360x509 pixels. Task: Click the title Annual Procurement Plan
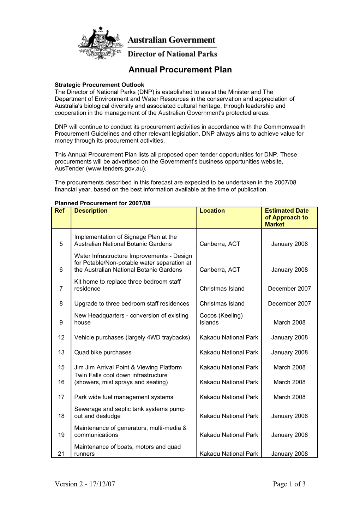coord(180,70)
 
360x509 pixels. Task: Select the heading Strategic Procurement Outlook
coord(99,85)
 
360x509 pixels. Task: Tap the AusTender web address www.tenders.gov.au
coord(116,168)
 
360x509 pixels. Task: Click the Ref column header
coord(60,211)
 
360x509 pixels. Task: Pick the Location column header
coord(212,211)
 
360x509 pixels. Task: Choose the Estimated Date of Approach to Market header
coord(287,217)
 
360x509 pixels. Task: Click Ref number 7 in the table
coord(61,289)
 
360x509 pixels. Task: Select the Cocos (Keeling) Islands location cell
coord(221,319)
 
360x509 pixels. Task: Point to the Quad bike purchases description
coord(103,353)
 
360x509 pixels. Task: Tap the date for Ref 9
coord(289,322)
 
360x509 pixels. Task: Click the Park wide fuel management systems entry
coord(124,397)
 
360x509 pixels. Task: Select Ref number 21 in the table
coord(61,454)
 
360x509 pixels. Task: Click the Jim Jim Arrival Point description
coord(128,367)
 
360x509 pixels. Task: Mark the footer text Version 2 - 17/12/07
coord(85,484)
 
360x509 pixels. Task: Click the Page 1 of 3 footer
coord(289,484)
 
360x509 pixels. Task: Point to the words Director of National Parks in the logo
coord(172,54)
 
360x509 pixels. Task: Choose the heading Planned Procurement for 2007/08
coord(102,203)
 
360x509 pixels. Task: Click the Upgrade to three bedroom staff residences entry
coord(132,304)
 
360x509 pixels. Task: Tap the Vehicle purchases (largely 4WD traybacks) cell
coord(132,338)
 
